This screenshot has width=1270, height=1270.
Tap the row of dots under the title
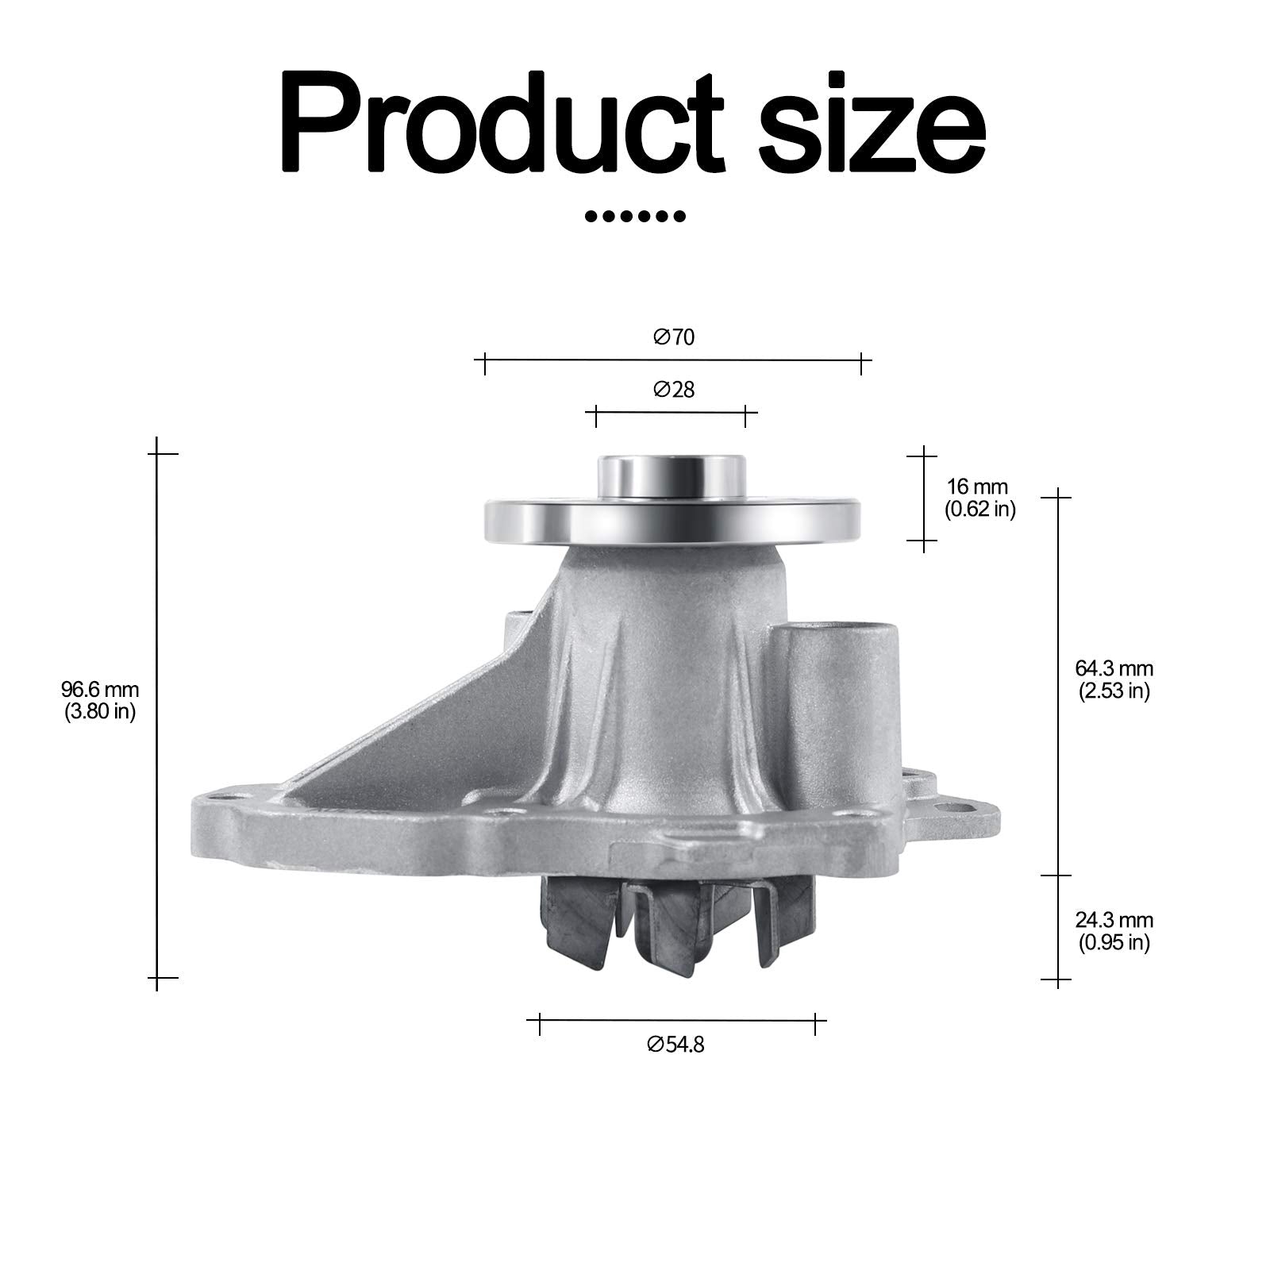point(634,216)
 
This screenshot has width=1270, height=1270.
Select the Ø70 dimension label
point(674,337)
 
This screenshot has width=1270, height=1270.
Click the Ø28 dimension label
point(674,390)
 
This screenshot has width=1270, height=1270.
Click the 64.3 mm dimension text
point(1114,668)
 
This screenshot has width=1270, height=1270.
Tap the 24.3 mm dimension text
point(1114,920)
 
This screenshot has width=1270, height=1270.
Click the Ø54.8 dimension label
point(675,1045)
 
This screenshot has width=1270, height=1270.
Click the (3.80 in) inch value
point(100,712)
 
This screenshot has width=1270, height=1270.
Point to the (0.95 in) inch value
point(1114,943)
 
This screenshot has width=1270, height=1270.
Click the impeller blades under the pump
point(675,925)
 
